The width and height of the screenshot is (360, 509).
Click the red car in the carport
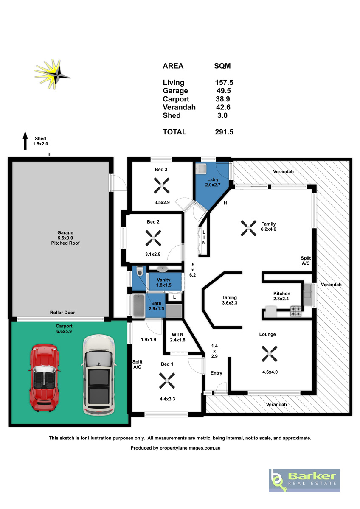(x=44, y=378)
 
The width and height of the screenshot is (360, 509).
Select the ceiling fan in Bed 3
(x=162, y=186)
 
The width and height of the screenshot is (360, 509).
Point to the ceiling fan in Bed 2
(x=153, y=238)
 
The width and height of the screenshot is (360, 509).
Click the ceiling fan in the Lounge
(x=269, y=354)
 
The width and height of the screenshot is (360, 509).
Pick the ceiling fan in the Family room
(x=249, y=228)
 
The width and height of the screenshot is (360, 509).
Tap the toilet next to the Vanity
(x=140, y=271)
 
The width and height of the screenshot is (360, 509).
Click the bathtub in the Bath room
(x=138, y=306)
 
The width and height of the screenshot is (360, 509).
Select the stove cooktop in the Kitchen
(x=295, y=311)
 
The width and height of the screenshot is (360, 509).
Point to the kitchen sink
(x=307, y=294)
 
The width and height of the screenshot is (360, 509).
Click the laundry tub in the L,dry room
(x=201, y=169)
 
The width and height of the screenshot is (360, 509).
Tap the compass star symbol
(x=53, y=74)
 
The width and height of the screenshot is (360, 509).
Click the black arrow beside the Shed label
(x=25, y=140)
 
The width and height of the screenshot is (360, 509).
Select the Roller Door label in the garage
(x=62, y=313)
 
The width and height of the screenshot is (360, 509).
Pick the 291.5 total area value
(x=224, y=132)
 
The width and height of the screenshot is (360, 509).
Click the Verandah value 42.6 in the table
(x=223, y=107)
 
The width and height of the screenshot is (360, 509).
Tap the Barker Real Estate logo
(x=304, y=481)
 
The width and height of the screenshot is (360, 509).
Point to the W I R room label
(x=177, y=335)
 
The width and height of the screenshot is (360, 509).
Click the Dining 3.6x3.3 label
(x=230, y=300)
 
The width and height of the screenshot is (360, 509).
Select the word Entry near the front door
(x=216, y=373)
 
